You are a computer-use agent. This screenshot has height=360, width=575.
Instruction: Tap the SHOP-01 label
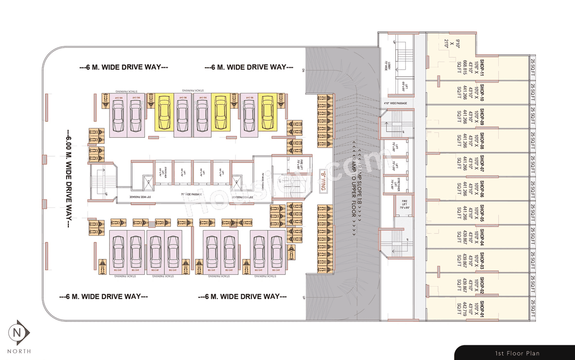pos(482,310)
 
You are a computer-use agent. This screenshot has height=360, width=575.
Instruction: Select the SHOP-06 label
pos(482,189)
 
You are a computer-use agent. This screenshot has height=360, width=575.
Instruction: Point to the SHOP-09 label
pos(482,116)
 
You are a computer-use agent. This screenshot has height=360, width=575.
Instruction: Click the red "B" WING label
pos(322,181)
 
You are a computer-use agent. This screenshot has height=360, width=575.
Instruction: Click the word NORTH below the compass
pos(19,351)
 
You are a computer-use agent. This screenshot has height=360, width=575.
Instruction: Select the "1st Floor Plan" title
pos(517,353)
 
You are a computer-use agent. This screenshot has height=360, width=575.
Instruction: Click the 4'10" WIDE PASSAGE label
pos(396,103)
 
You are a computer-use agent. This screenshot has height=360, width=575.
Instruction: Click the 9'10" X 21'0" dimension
pos(446,43)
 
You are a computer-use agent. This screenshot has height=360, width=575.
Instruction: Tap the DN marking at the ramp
pos(304,70)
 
